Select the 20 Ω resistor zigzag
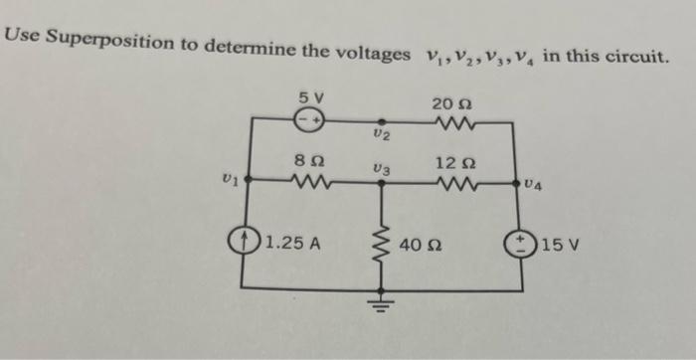[x=452, y=123]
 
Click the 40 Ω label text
[x=421, y=244]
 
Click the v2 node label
[x=379, y=132]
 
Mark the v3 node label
[x=378, y=170]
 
